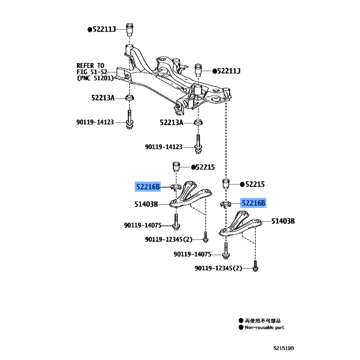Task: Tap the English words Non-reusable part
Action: point(265,328)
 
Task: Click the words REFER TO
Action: point(90,65)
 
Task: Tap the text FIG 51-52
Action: point(92,72)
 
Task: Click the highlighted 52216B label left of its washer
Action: point(148,185)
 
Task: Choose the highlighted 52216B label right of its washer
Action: point(253,203)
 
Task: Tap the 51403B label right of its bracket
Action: point(283,221)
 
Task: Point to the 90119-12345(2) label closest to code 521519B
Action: point(219,268)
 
